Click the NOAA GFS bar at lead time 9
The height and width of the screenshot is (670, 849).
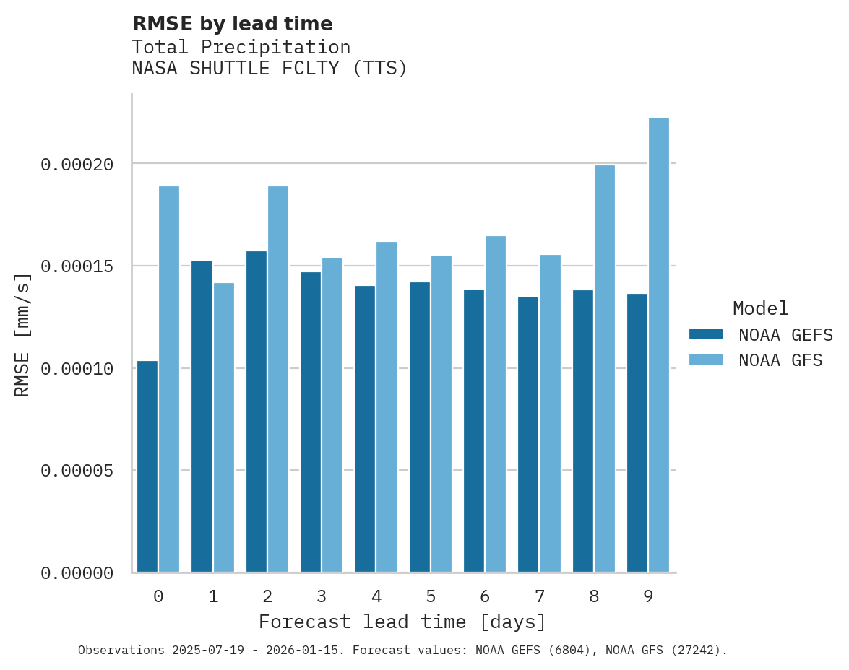click(658, 345)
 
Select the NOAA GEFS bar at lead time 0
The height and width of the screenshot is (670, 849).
click(147, 466)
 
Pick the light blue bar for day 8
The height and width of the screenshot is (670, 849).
click(604, 369)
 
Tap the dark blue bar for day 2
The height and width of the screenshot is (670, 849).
click(256, 412)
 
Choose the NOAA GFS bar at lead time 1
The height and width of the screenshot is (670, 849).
click(223, 427)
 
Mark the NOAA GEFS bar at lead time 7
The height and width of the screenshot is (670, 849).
click(528, 434)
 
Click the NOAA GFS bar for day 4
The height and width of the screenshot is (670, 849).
click(387, 407)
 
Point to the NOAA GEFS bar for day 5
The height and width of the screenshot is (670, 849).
click(419, 427)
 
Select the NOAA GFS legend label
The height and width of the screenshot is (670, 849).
click(780, 360)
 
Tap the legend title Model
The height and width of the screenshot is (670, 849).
click(760, 308)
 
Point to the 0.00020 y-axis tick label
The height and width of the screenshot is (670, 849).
click(77, 165)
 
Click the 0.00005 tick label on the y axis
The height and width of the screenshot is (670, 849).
click(77, 471)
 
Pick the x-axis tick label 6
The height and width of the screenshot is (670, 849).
click(485, 596)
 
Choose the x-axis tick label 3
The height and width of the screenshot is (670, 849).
click(322, 596)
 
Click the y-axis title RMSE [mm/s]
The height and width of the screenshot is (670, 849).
click(22, 334)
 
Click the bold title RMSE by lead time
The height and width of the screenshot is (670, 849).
click(232, 24)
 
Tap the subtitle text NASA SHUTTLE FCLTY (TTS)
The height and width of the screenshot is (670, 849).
click(270, 69)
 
